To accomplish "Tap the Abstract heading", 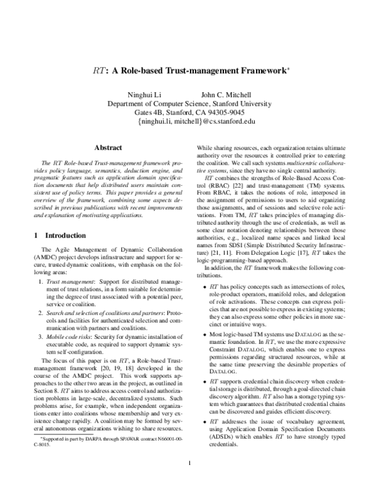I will [x=108, y=148].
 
